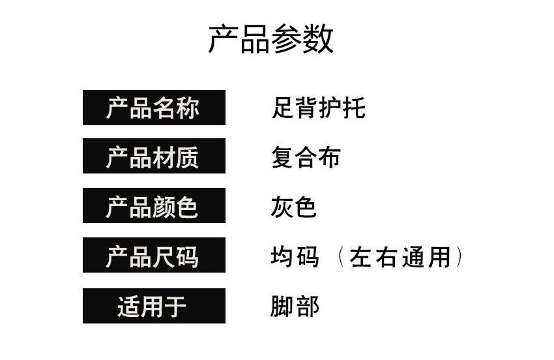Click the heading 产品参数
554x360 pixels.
pyautogui.click(x=270, y=39)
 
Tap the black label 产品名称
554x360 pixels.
pyautogui.click(x=154, y=108)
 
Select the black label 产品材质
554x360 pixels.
pyautogui.click(x=154, y=156)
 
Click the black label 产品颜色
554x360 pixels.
pyautogui.click(x=154, y=205)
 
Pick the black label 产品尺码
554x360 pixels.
pyautogui.click(x=154, y=255)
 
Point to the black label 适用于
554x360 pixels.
pyautogui.click(x=154, y=306)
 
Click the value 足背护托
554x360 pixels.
pyautogui.click(x=318, y=108)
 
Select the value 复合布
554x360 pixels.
pyautogui.click(x=306, y=157)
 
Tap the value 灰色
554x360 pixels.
pyautogui.click(x=293, y=207)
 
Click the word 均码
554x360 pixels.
pyautogui.click(x=295, y=256)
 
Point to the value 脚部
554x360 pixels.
pyautogui.click(x=295, y=307)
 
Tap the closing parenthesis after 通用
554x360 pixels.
pyautogui.click(x=459, y=257)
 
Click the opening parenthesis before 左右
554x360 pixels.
pyautogui.click(x=341, y=257)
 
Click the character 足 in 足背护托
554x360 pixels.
pyautogui.click(x=283, y=108)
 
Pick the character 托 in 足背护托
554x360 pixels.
pyautogui.click(x=354, y=108)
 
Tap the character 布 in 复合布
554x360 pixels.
pyautogui.click(x=329, y=157)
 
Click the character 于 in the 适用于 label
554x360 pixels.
pyautogui.click(x=175, y=307)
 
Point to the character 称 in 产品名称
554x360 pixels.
pyautogui.click(x=188, y=108)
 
